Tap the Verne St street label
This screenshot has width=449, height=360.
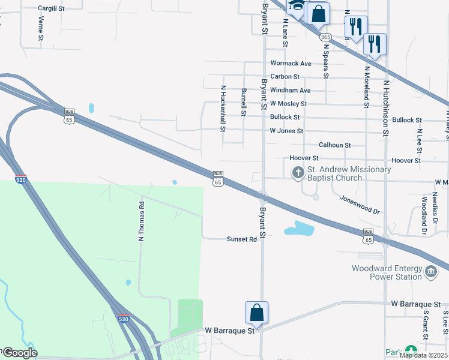41,28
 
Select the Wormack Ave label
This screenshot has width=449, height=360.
291,63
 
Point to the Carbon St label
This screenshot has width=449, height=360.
285,77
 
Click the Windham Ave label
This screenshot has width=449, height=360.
290,91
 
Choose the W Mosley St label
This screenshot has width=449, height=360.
288,104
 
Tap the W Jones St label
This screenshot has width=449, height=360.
286,131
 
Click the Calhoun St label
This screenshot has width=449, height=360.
334,145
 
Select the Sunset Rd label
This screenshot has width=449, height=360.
242,239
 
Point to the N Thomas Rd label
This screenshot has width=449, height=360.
142,221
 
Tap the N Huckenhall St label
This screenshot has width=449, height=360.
223,108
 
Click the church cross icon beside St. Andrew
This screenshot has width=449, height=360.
298,173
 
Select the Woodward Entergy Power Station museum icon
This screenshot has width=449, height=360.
430,272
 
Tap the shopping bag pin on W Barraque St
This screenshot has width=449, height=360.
256,313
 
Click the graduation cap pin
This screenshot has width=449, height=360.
297,7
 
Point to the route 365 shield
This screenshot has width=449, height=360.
325,37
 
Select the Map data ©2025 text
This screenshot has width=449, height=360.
423,355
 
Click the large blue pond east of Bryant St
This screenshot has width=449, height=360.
299,229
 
